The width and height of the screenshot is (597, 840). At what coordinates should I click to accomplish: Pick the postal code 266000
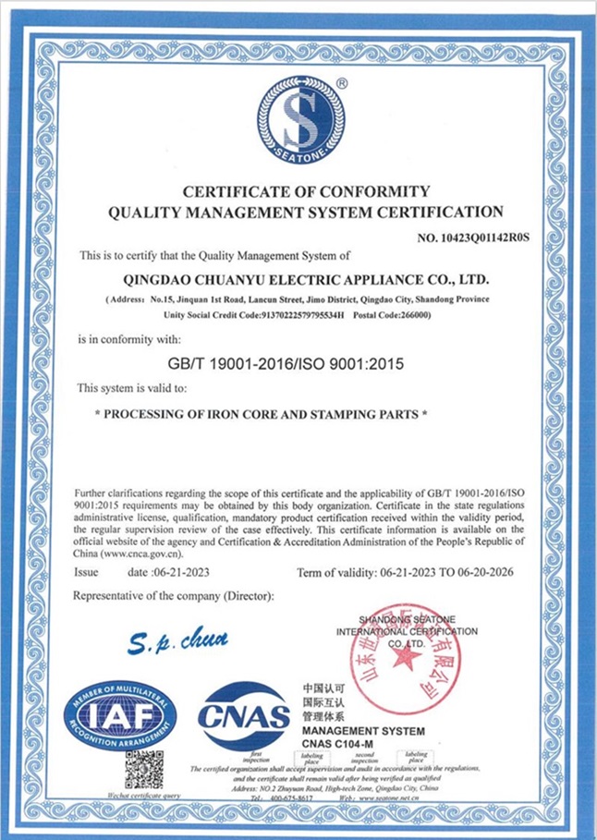413,315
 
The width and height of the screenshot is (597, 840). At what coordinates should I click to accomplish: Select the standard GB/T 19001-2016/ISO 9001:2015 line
288,363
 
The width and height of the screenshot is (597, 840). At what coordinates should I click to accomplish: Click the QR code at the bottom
144,769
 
